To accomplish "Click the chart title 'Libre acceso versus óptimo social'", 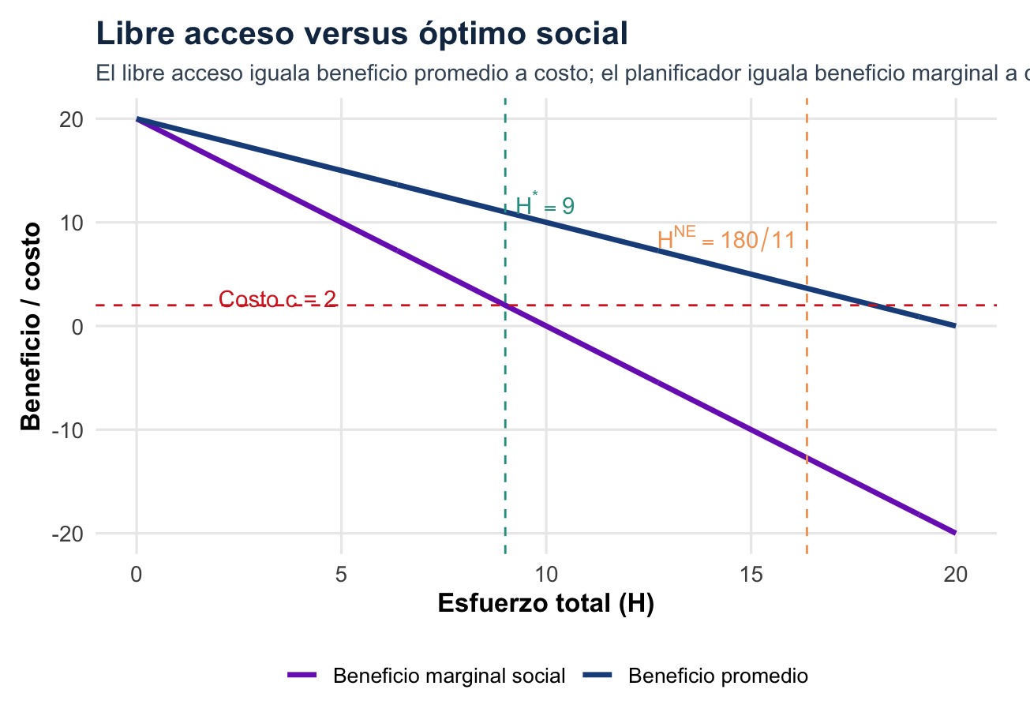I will tap(361, 34).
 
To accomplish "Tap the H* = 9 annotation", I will tap(544, 206).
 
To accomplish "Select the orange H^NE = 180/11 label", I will tap(725, 238).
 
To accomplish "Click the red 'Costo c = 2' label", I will tap(277, 299).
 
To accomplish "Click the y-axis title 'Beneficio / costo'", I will tap(31, 326).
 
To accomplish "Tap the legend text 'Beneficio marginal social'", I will tap(449, 676).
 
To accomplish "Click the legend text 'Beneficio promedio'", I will tap(717, 676).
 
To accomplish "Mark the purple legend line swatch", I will tap(302, 676).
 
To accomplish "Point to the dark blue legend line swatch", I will tap(597, 676).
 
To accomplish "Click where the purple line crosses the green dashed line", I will tap(505, 305).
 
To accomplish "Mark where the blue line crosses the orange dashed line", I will tap(807, 288).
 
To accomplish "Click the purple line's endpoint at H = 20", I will tap(955, 533).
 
